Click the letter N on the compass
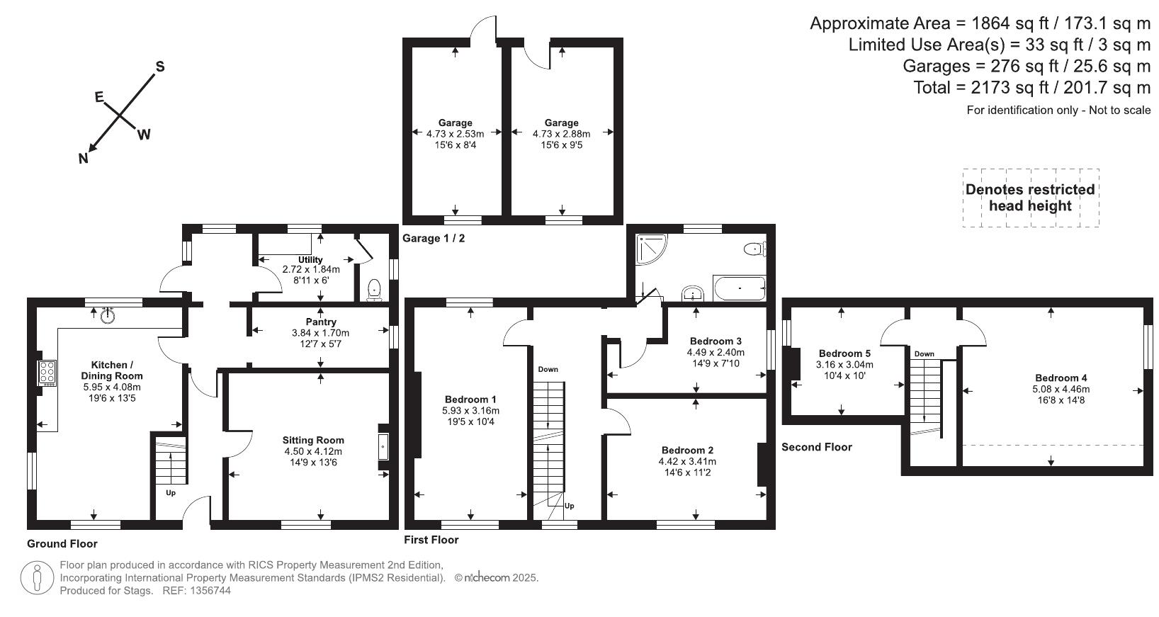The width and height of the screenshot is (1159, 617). pos(84,159)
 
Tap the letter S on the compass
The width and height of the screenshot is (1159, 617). pos(160,67)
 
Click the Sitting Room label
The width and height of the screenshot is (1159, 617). pos(313,440)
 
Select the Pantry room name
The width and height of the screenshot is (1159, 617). pos(321,322)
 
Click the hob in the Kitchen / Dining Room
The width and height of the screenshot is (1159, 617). pos(47,372)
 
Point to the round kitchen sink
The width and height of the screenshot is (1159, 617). pos(108,315)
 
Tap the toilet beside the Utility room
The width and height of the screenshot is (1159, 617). pos(375,290)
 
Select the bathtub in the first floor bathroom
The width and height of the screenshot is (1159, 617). pos(740,289)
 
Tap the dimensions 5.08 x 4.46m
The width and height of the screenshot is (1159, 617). pos(1061,389)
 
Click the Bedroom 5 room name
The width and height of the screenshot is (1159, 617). pos(844,353)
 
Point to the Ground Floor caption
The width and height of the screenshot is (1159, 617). pos(62,544)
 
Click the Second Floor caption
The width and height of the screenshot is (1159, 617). pos(816,447)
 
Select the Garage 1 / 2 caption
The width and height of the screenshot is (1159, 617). pos(434,238)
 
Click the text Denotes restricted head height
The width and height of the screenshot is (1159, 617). pos(1030,198)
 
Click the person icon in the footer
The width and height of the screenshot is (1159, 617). pos(38,578)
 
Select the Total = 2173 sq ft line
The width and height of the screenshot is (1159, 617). pos(1031,88)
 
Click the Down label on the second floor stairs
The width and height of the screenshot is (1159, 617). pos(924,354)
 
